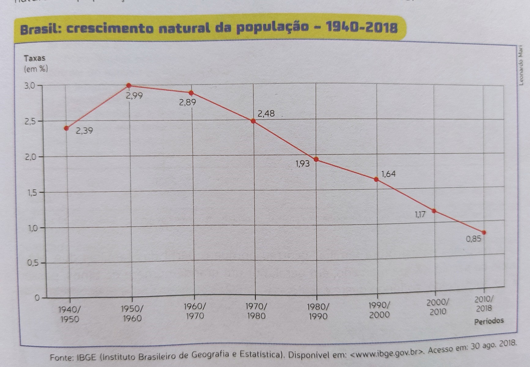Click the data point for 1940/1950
pyautogui.click(x=67, y=128)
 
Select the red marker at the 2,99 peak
pyautogui.click(x=129, y=85)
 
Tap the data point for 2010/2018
pyautogui.click(x=484, y=233)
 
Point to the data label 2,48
pyautogui.click(x=266, y=114)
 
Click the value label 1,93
pyautogui.click(x=302, y=164)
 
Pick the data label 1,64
pyautogui.click(x=388, y=174)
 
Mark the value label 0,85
pyautogui.click(x=473, y=239)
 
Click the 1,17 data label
pyautogui.click(x=420, y=214)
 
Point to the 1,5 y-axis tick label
pyautogui.click(x=31, y=193)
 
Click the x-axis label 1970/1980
pyautogui.click(x=256, y=311)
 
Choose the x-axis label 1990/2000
pyautogui.click(x=379, y=310)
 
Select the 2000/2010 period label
pyautogui.click(x=438, y=307)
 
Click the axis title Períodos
pyautogui.click(x=489, y=321)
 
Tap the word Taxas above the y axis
pyautogui.click(x=35, y=58)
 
